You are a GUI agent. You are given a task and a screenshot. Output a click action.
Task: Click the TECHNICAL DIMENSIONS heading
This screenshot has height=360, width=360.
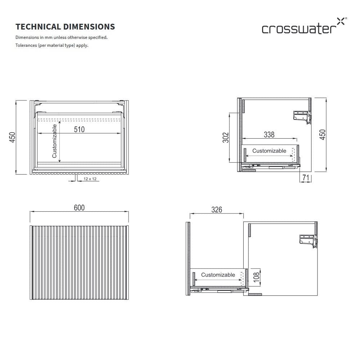point(65,27)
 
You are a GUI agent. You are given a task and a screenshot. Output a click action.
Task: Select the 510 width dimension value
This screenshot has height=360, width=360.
point(79,129)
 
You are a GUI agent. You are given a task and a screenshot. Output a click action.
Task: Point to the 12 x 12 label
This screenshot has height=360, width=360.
point(90,179)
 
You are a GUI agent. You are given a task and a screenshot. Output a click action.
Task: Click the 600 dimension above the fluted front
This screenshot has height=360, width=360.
point(79,208)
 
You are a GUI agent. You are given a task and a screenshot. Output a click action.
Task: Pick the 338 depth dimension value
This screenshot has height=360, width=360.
point(269,135)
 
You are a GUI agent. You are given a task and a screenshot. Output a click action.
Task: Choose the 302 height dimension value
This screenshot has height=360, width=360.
point(226,138)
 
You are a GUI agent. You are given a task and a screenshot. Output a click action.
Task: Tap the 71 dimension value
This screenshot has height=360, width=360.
point(306,177)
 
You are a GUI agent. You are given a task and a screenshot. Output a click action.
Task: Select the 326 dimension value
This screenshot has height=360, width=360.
point(217,210)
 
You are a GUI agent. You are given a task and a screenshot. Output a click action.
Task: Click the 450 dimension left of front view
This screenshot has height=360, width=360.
point(13,138)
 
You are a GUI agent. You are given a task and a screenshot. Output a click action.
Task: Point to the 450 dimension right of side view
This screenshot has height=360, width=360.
point(323,135)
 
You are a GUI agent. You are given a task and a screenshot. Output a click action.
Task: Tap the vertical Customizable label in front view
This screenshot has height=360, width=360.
point(54,141)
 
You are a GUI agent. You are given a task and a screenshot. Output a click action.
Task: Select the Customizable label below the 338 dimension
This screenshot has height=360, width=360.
point(269,151)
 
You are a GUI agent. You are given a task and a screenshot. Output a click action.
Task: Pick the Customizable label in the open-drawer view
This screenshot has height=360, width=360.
point(218,275)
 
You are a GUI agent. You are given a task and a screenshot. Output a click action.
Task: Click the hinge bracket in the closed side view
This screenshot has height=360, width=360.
point(302,117)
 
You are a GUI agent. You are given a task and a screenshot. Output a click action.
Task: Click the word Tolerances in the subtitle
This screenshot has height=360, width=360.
point(26,45)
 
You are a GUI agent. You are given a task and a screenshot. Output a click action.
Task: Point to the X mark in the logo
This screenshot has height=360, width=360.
point(340,21)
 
